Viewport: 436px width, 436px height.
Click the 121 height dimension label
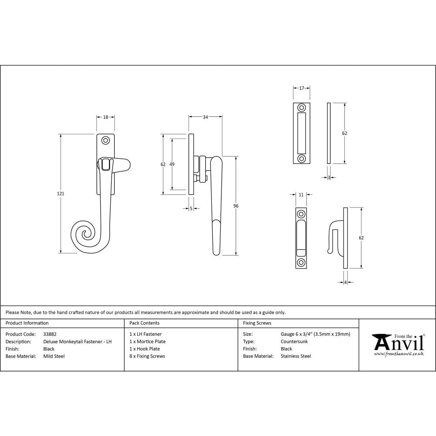(x=61, y=194)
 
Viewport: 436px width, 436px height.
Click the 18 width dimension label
(x=106, y=117)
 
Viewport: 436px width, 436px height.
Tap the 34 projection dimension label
(x=205, y=117)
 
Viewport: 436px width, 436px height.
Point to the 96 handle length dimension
(x=236, y=206)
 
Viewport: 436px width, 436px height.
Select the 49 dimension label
(x=172, y=164)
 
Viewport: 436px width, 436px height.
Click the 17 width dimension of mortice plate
(x=301, y=89)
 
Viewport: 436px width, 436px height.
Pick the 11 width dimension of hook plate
(x=301, y=195)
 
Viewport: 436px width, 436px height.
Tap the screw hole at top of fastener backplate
(x=105, y=140)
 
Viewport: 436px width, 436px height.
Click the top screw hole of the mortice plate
(x=301, y=108)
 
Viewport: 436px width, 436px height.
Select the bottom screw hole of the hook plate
(x=301, y=263)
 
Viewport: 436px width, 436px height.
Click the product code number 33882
(x=50, y=334)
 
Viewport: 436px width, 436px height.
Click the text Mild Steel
(x=54, y=356)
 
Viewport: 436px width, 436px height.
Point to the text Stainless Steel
(x=296, y=356)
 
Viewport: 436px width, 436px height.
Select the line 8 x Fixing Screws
(x=147, y=356)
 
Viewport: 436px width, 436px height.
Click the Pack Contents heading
(x=144, y=323)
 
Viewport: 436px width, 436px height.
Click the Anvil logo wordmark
(x=399, y=343)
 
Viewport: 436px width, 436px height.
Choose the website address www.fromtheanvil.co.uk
(x=399, y=354)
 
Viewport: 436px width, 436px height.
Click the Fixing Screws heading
(x=257, y=323)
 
